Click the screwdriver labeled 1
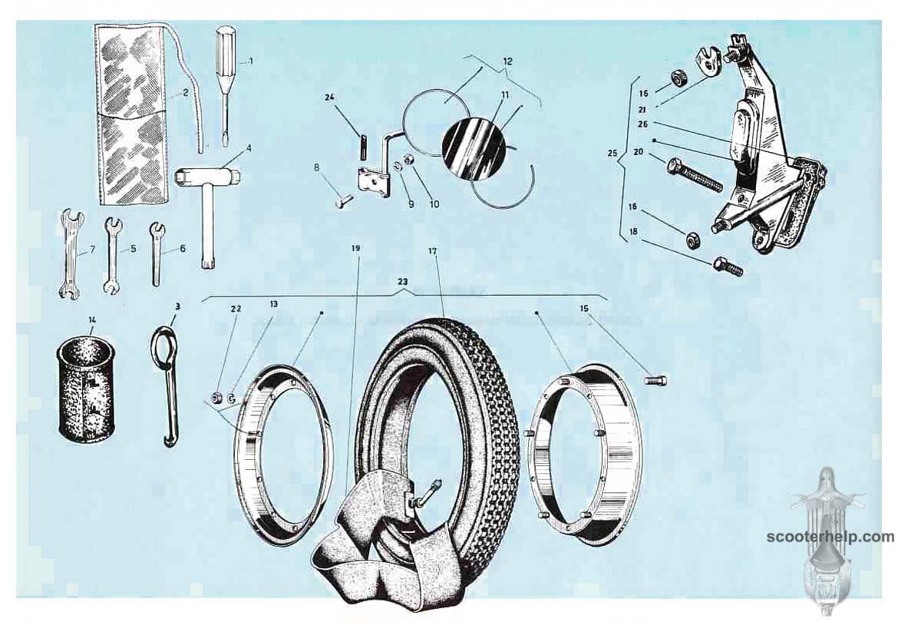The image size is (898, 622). [224, 86]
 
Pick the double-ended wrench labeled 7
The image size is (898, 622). [71, 253]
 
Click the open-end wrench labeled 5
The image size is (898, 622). [113, 255]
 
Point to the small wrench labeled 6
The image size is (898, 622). [156, 253]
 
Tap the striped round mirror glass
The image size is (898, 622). [474, 146]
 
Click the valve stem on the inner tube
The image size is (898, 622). [428, 492]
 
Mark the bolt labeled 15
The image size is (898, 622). [655, 380]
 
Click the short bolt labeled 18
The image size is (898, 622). [728, 266]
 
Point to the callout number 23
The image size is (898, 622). [403, 282]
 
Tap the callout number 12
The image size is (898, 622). [507, 61]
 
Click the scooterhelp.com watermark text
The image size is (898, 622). [830, 538]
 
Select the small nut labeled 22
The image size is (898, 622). [217, 396]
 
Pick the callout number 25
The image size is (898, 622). [612, 154]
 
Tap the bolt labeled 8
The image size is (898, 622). [344, 201]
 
